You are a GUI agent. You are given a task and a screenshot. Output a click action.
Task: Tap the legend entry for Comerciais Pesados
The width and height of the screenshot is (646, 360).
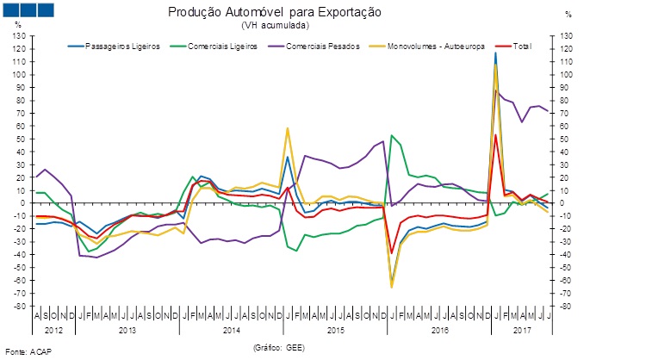tap(324, 45)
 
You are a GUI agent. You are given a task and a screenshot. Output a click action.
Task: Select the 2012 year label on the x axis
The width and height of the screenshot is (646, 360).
tap(53, 329)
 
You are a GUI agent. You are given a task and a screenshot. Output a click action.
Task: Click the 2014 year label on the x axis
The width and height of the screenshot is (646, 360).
tap(231, 329)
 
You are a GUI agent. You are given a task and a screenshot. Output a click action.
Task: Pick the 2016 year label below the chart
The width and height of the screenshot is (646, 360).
tap(439, 329)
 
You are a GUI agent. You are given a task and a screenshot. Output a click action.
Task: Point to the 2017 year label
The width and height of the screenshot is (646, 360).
tap(522, 329)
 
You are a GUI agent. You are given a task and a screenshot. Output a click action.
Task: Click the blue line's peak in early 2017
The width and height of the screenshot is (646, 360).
tap(495, 53)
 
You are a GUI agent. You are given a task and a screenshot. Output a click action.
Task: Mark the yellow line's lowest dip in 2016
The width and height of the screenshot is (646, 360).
tap(392, 287)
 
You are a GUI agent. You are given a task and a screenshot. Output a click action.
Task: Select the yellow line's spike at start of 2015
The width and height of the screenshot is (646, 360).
tap(287, 128)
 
